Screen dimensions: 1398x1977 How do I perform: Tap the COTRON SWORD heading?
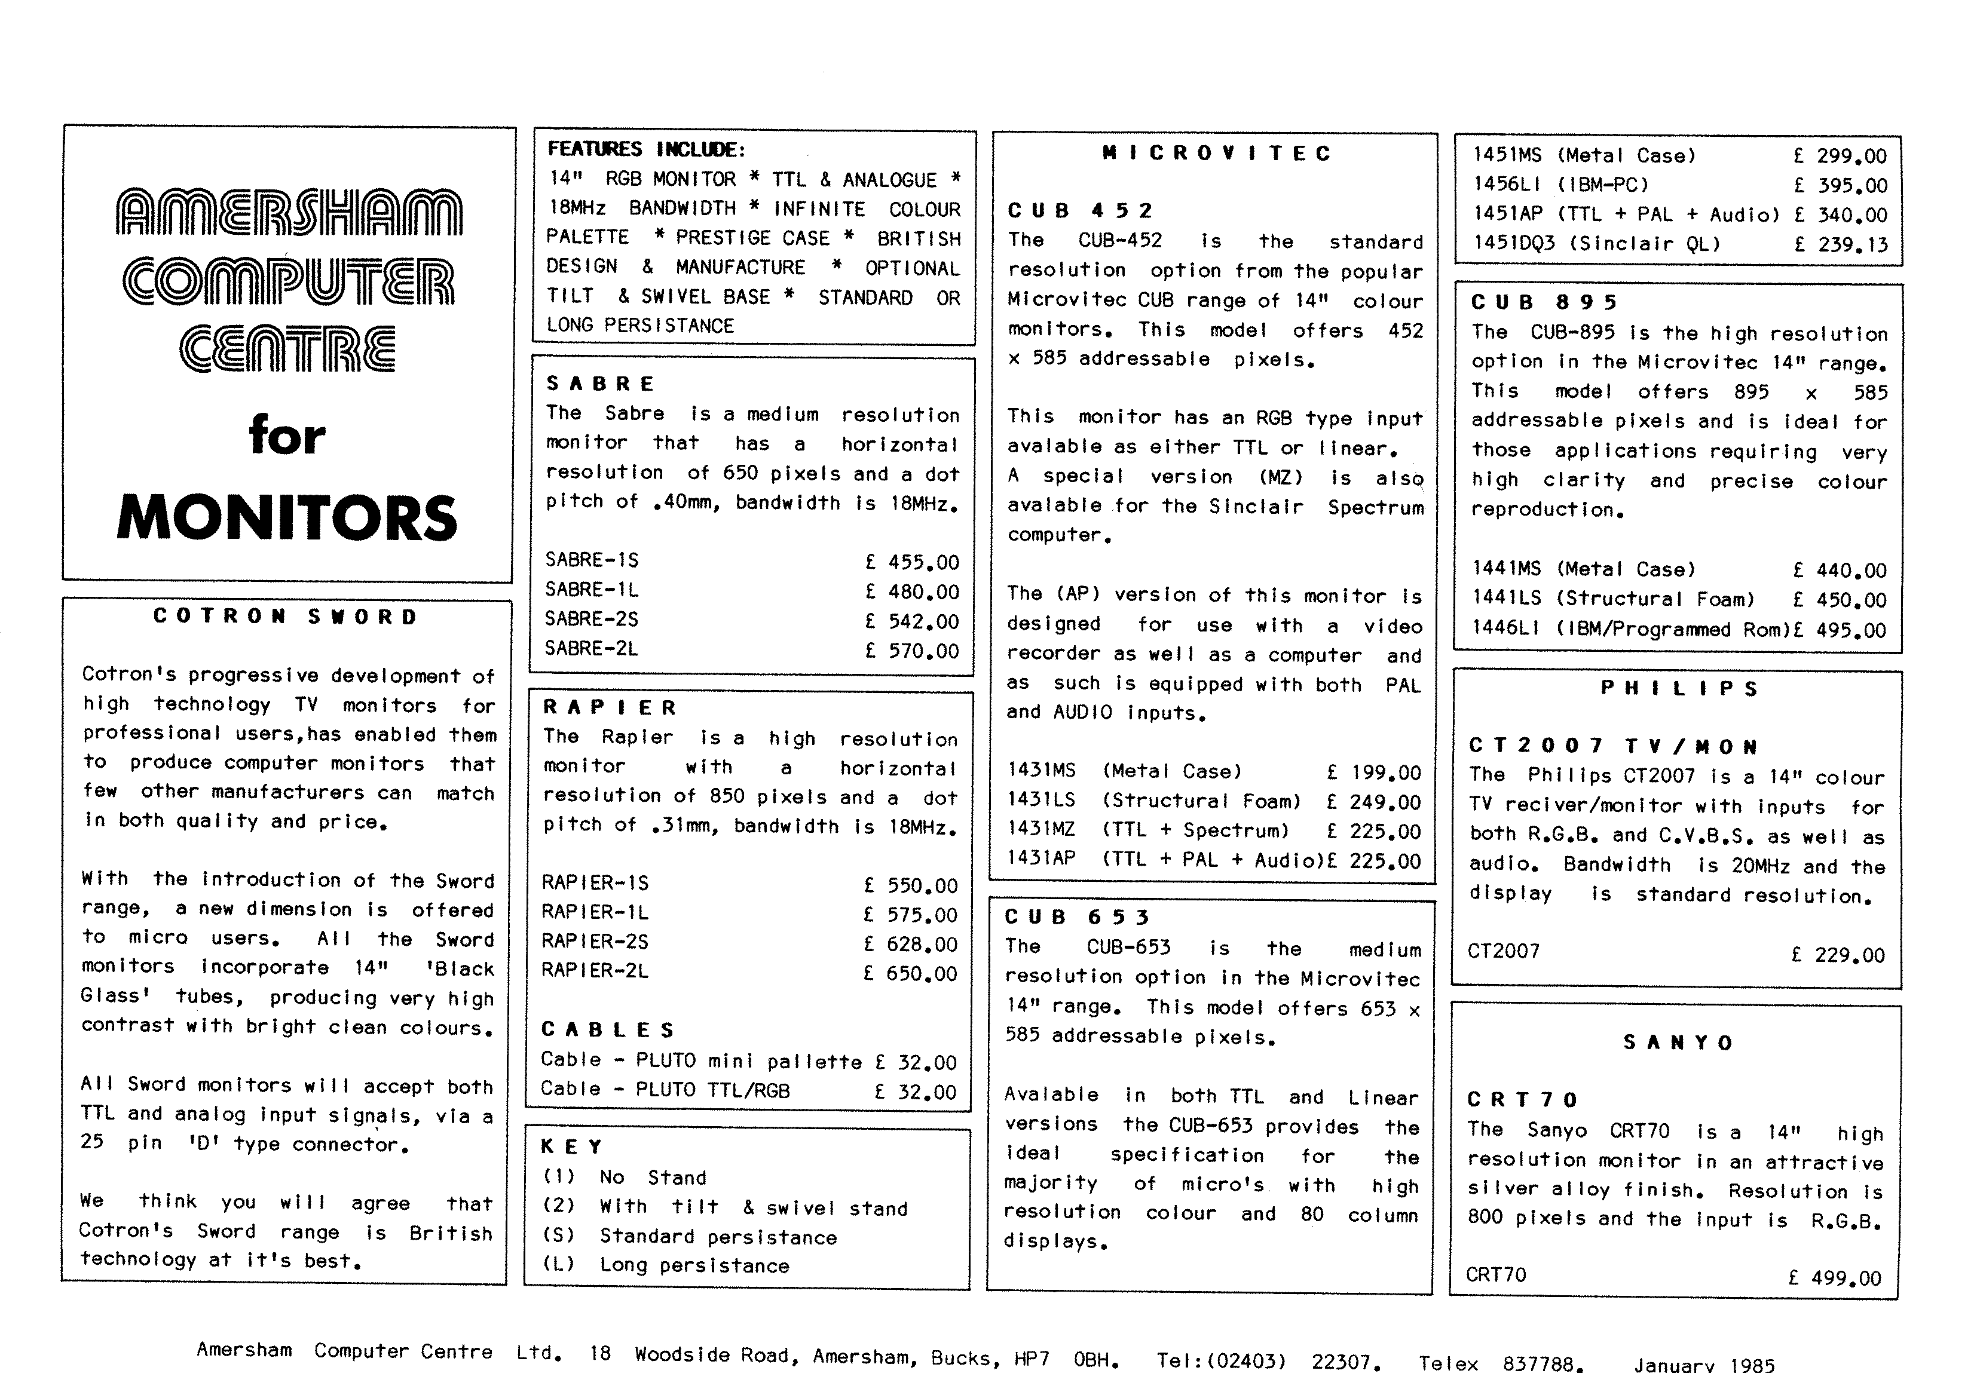coord(285,617)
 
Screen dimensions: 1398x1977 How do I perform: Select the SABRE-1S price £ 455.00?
coord(912,562)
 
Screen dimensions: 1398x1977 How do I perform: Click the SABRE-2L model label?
coord(592,648)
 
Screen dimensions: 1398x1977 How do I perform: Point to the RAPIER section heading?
coord(611,707)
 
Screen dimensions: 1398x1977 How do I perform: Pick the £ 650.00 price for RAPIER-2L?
coord(911,974)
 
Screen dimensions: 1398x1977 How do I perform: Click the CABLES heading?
coord(608,1029)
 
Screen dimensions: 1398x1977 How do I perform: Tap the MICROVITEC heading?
coord(1216,153)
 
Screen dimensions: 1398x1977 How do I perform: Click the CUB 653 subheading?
coord(1077,917)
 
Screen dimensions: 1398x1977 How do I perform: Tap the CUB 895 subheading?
coord(1544,302)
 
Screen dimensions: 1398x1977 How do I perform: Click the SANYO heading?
coord(1678,1043)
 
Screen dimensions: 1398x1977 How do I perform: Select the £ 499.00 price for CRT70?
coord(1834,1279)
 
